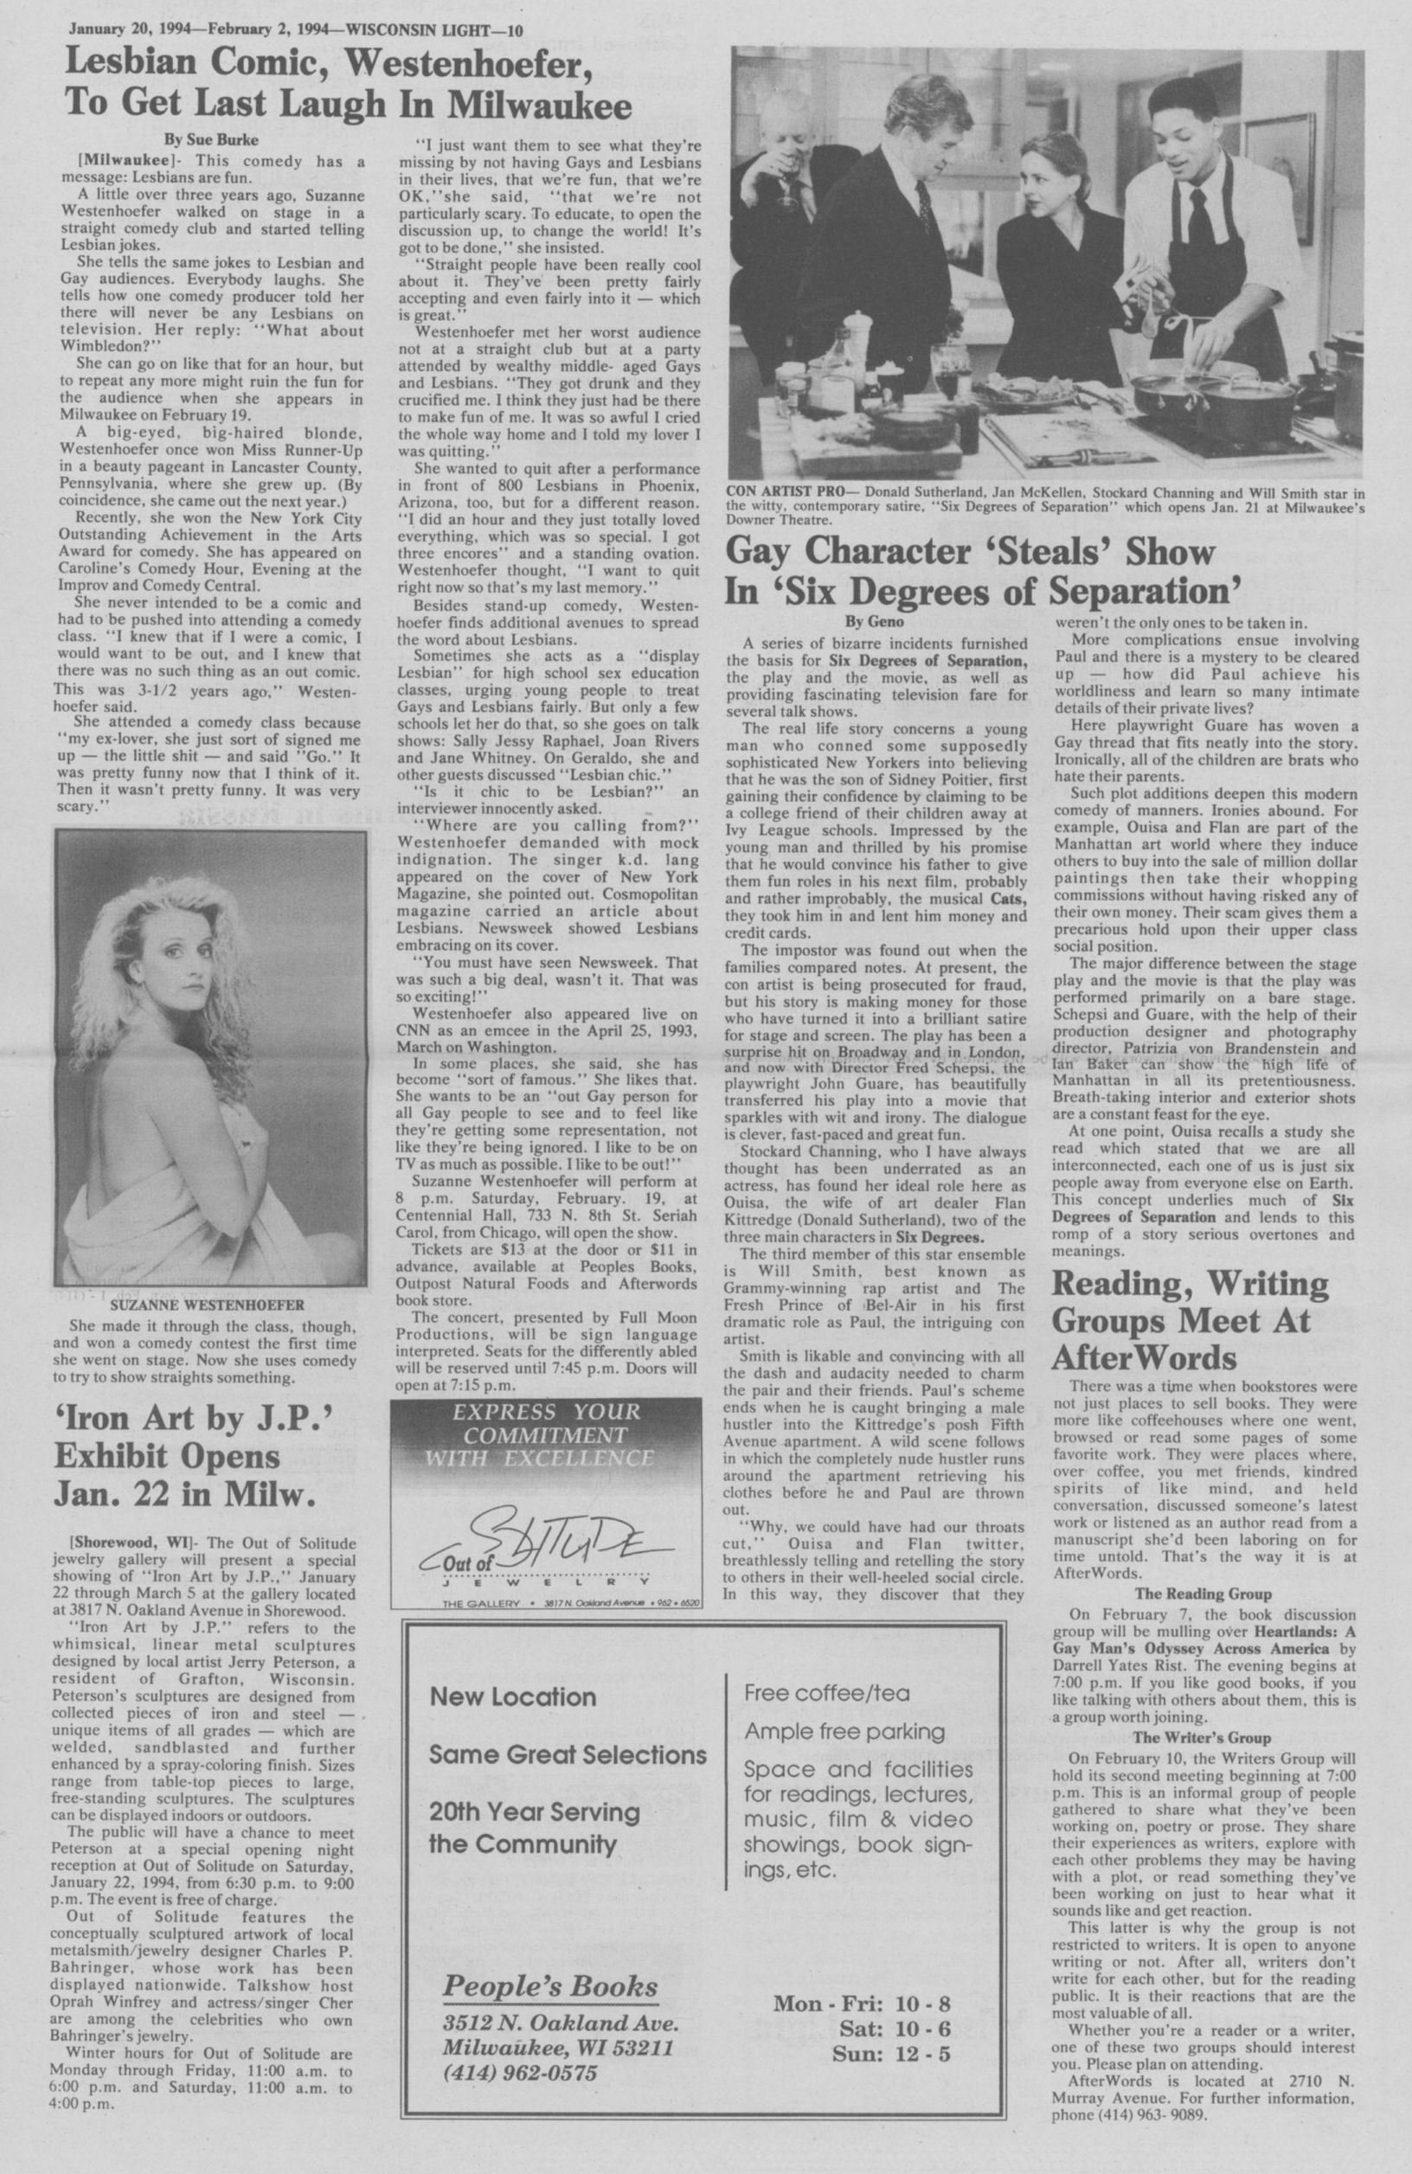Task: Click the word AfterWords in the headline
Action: click(x=1145, y=1358)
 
